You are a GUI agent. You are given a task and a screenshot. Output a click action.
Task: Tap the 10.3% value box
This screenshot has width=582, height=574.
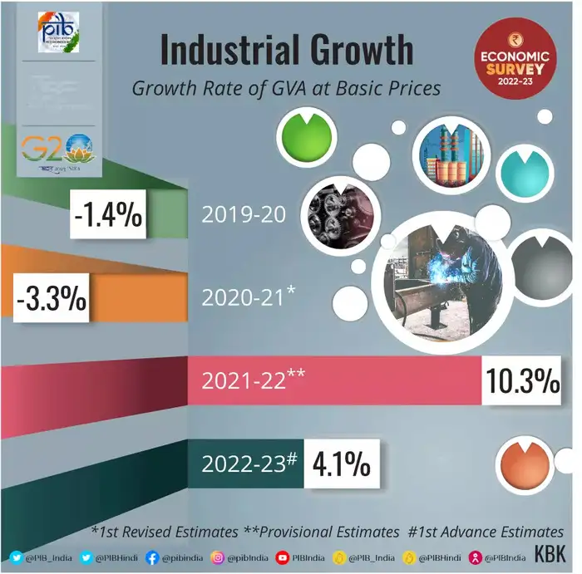pyautogui.click(x=523, y=380)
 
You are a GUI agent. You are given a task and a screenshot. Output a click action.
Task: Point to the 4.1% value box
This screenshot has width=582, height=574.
pyautogui.click(x=341, y=464)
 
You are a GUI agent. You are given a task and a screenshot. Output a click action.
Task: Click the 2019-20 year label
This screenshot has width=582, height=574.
pyautogui.click(x=244, y=214)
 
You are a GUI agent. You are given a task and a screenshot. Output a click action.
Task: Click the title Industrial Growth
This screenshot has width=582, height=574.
pyautogui.click(x=286, y=51)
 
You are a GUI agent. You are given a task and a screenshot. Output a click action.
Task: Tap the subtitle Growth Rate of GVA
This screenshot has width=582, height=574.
pyautogui.click(x=286, y=89)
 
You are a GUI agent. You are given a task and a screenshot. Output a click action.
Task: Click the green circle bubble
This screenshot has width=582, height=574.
pyautogui.click(x=304, y=136)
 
